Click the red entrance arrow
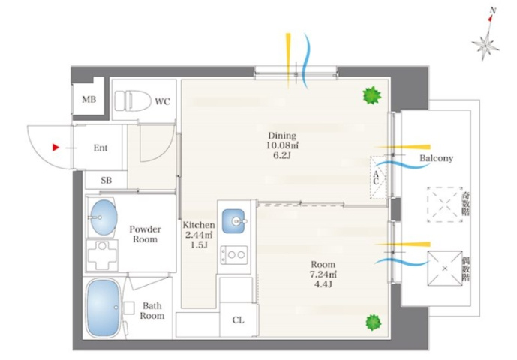click(56, 147)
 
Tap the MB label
click(89, 99)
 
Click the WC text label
click(163, 101)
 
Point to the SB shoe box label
click(106, 180)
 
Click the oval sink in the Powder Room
click(104, 217)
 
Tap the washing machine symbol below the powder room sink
click(102, 255)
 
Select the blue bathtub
click(103, 309)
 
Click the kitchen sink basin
click(233, 221)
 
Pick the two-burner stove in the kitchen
click(234, 254)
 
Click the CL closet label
click(239, 319)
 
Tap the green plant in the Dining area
click(372, 95)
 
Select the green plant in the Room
click(373, 322)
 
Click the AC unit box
click(378, 177)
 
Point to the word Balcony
click(436, 158)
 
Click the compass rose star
click(485, 44)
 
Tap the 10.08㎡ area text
click(282, 145)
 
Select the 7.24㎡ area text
click(323, 274)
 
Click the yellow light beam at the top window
click(288, 61)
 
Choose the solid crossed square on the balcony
click(445, 268)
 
